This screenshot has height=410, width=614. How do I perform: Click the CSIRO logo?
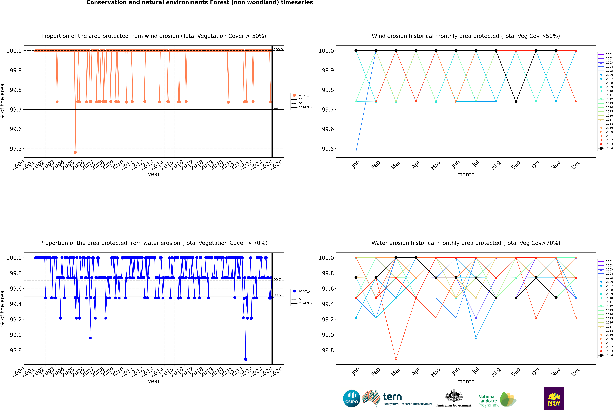pos(352,399)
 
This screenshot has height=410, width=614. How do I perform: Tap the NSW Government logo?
pos(554,399)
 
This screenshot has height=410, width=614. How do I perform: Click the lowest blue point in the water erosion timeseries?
pos(246,359)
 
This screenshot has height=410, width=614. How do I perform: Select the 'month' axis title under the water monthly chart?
pos(466,381)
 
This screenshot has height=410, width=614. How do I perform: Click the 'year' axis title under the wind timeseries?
pos(154,174)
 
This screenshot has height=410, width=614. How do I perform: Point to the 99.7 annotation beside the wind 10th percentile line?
pos(277,108)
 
